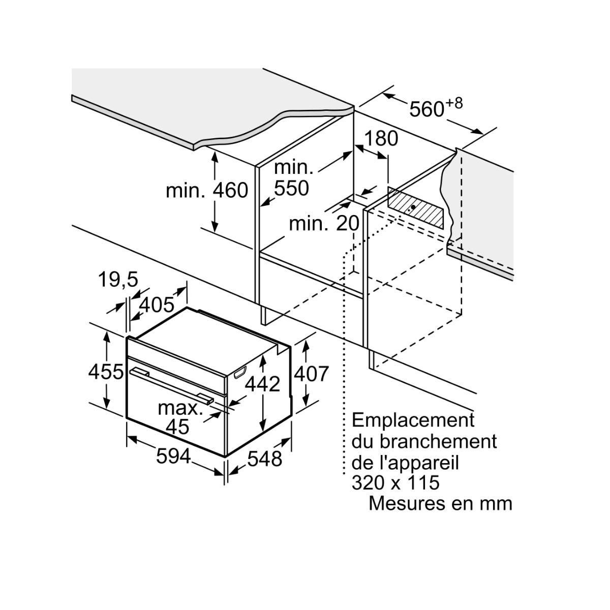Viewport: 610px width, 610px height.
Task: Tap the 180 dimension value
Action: tap(381, 138)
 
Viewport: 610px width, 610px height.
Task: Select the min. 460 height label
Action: tap(207, 191)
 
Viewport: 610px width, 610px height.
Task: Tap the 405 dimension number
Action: tap(156, 305)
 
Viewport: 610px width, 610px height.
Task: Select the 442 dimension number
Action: tap(262, 384)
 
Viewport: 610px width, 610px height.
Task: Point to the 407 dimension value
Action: tap(312, 374)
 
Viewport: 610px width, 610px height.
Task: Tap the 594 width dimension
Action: tap(173, 456)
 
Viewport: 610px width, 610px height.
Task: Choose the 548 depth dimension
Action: tap(264, 459)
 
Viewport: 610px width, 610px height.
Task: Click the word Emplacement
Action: tap(413, 420)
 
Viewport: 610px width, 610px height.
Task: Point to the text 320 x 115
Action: tap(395, 482)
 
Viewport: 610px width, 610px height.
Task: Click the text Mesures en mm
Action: tap(440, 503)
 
